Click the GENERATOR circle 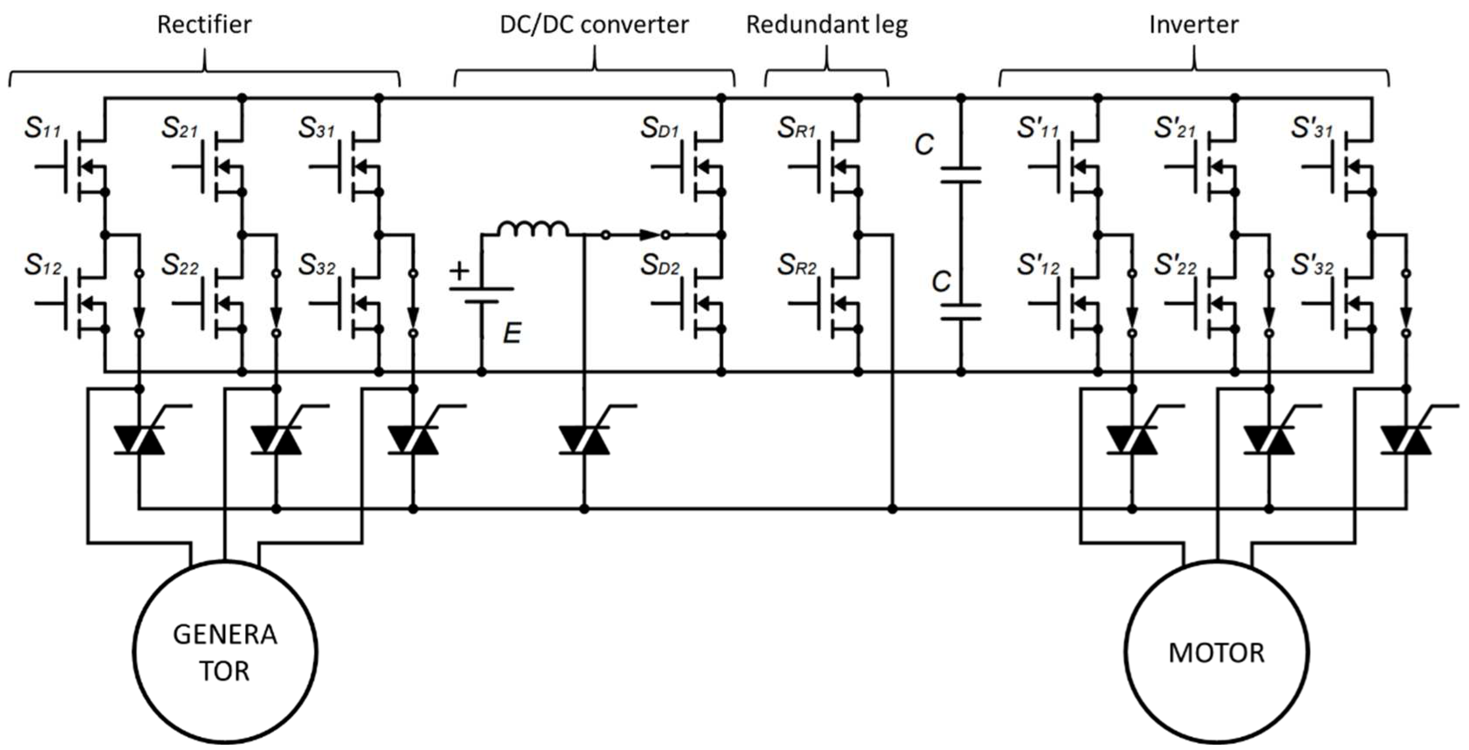click(225, 652)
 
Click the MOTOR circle click(1216, 652)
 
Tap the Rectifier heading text click(204, 25)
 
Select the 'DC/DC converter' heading click(594, 25)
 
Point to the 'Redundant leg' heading click(827, 25)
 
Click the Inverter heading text click(1194, 25)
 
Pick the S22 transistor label click(180, 265)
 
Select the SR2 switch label click(797, 265)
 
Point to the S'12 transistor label click(1038, 265)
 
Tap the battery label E click(512, 333)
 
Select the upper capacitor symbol click(961, 175)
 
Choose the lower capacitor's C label click(941, 282)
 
